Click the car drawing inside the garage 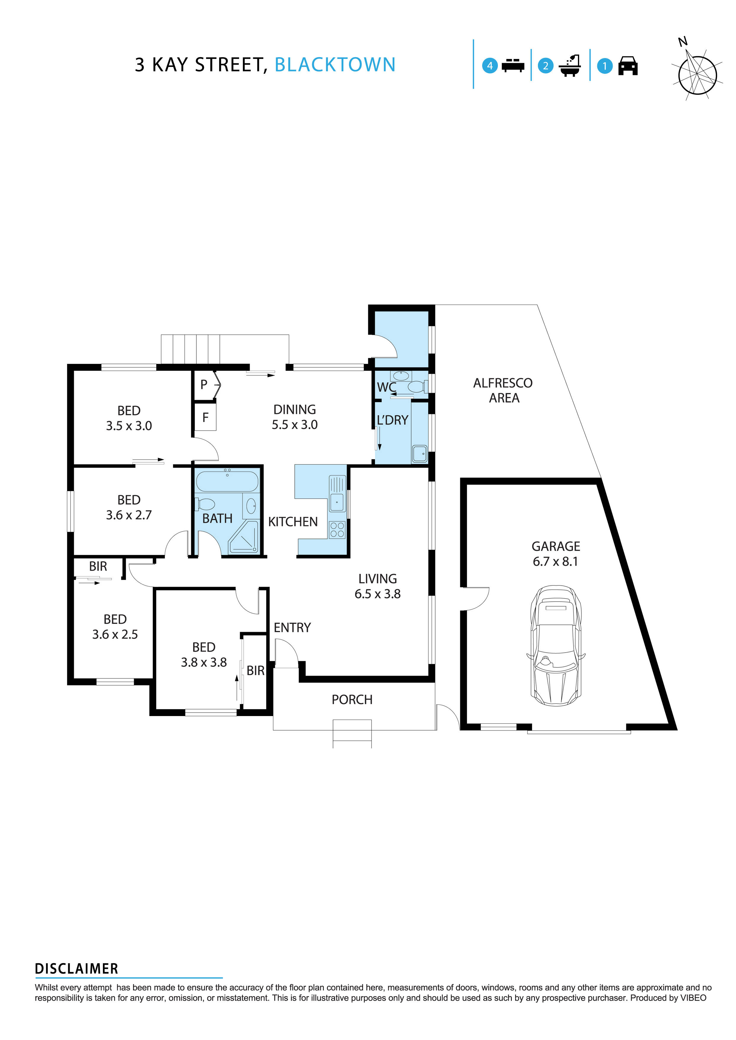click(x=556, y=646)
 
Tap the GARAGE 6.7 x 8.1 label click(x=556, y=554)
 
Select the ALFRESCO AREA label click(x=503, y=390)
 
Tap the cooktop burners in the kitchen click(x=337, y=530)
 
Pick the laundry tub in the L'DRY click(x=419, y=453)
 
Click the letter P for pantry click(x=204, y=385)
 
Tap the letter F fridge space click(x=205, y=417)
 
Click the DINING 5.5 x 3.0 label click(x=294, y=417)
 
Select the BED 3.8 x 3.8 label click(x=204, y=654)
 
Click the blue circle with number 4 click(x=490, y=66)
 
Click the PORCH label click(x=352, y=700)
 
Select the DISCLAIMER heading click(x=77, y=969)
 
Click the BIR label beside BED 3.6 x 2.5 click(x=98, y=566)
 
